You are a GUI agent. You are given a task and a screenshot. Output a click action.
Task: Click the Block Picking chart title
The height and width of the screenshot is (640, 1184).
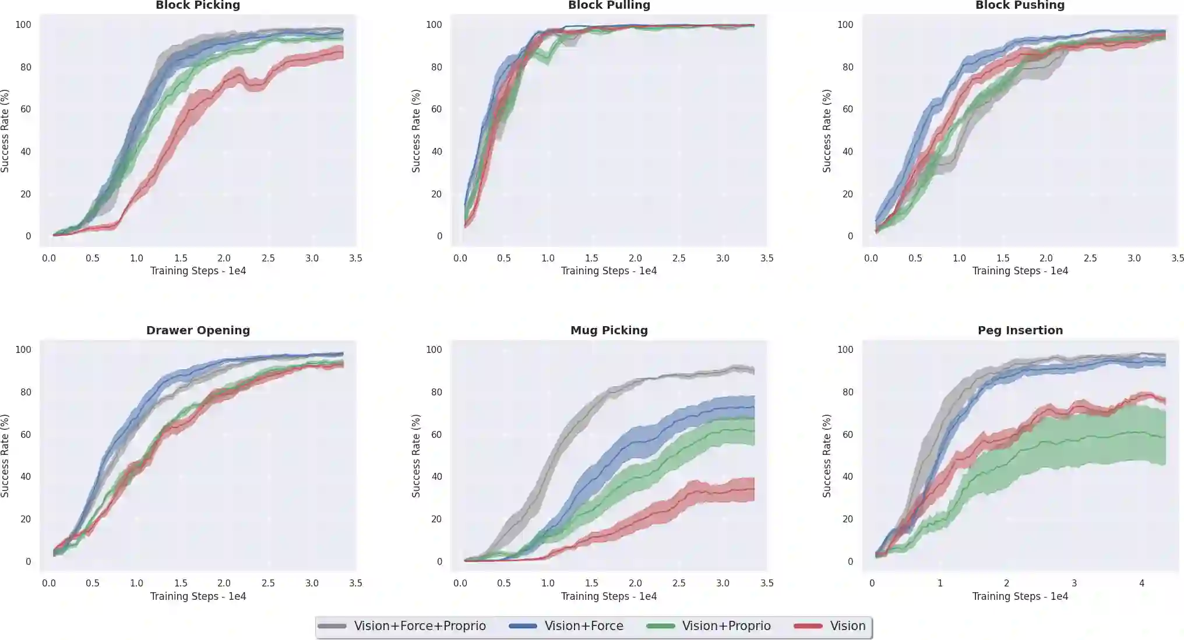[198, 5]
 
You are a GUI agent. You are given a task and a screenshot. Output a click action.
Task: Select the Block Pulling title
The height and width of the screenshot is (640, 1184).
[609, 5]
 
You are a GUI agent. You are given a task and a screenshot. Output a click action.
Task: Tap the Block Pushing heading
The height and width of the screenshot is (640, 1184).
[1020, 5]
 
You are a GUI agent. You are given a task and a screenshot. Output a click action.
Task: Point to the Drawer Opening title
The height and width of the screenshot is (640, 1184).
[198, 330]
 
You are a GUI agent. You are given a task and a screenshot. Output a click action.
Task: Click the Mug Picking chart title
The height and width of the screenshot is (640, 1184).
[609, 330]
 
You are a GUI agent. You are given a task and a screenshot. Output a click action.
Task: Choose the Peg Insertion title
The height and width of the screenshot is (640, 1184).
[1020, 330]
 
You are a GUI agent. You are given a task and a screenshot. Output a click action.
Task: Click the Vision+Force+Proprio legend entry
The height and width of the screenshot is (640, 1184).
[420, 626]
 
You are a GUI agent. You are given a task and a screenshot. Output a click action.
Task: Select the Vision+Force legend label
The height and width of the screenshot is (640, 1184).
[583, 626]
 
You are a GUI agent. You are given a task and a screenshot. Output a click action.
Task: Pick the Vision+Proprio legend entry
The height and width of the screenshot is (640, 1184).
[726, 626]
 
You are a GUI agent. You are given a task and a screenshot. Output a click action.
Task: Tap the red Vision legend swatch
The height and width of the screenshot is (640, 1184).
[808, 626]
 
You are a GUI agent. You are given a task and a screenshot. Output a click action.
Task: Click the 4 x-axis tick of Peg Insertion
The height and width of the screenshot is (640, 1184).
[1141, 583]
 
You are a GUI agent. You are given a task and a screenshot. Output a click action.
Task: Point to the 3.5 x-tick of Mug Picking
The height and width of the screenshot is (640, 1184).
[767, 583]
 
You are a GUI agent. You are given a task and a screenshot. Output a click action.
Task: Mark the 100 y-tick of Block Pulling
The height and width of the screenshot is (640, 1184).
[434, 24]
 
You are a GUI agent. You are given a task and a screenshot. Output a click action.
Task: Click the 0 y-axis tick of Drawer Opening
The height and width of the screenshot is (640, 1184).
[27, 561]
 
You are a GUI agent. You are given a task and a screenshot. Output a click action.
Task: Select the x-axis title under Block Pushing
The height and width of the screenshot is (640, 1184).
[1020, 271]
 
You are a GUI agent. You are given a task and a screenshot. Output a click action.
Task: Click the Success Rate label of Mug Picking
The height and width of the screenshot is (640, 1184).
[415, 455]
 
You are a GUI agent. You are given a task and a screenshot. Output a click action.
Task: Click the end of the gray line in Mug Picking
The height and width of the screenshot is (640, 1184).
[754, 370]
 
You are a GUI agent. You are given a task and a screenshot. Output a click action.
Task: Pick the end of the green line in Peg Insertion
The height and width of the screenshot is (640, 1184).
[1165, 437]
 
